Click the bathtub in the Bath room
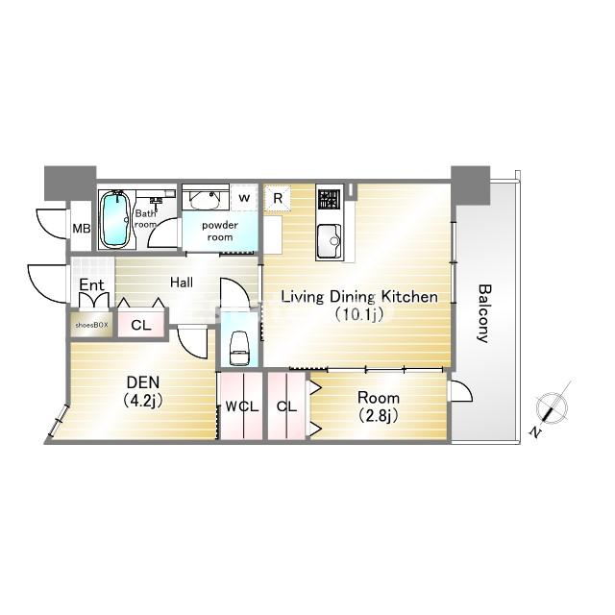(x=115, y=219)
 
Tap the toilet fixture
(x=239, y=348)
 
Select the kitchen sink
(x=329, y=240)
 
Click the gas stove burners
(x=329, y=199)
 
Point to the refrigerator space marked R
(x=278, y=198)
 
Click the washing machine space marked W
(x=244, y=197)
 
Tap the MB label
(x=82, y=228)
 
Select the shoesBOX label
(x=92, y=325)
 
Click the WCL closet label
(x=241, y=406)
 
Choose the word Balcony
(x=484, y=313)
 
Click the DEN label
(x=143, y=381)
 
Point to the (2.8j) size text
(x=378, y=415)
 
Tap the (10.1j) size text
(x=358, y=314)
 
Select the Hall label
(x=182, y=282)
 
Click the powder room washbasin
(x=205, y=199)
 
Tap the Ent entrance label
(x=92, y=285)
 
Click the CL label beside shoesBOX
(x=141, y=325)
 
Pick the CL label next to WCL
(x=286, y=406)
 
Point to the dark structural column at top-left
(x=70, y=183)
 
